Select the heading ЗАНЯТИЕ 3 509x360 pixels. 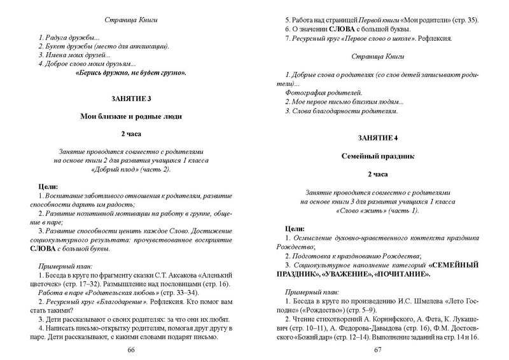point(131,99)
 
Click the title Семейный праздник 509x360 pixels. point(377,155)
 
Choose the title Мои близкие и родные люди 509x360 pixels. point(131,116)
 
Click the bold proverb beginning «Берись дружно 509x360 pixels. point(131,73)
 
